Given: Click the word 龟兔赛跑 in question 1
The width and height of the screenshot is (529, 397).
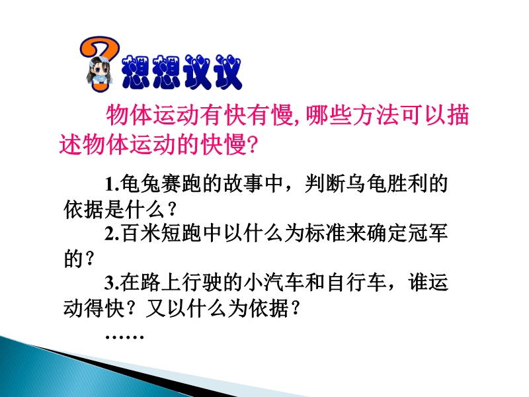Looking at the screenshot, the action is (161, 185).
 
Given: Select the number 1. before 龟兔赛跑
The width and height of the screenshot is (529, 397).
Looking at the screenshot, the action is (112, 185).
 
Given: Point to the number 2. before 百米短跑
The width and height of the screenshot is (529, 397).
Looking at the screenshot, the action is (112, 234).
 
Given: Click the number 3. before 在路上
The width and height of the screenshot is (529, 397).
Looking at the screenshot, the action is (112, 283).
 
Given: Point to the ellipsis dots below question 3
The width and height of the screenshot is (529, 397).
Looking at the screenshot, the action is (124, 337).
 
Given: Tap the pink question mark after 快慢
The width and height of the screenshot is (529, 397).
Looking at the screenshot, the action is (252, 145).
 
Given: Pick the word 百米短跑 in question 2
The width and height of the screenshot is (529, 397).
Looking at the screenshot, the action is (161, 234).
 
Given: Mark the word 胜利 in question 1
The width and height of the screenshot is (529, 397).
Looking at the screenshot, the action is (407, 185).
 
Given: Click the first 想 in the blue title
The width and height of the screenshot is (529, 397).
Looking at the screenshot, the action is (136, 72).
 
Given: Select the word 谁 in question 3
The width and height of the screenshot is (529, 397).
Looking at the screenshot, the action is (418, 283).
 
